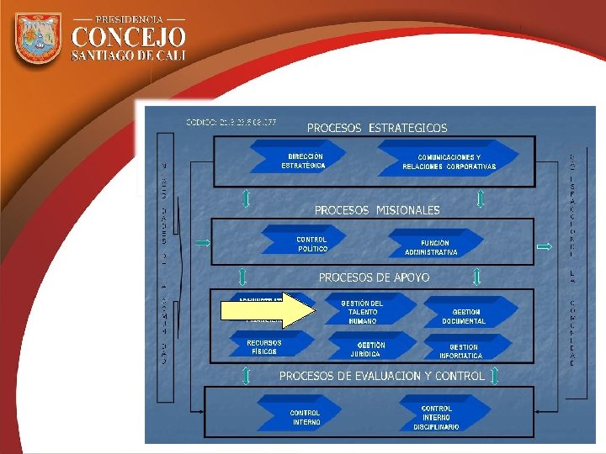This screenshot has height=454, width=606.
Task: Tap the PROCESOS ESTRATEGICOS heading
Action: (x=376, y=128)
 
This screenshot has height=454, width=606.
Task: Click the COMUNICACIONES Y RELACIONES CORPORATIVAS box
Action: (x=449, y=161)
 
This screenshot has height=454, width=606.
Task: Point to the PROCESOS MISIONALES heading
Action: (x=376, y=209)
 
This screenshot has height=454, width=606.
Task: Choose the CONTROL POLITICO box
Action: (x=311, y=244)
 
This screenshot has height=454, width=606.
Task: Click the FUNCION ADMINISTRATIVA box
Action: (x=431, y=247)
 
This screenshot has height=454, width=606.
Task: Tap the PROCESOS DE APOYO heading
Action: (x=373, y=277)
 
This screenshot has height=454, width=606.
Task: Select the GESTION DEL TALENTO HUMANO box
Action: (x=362, y=312)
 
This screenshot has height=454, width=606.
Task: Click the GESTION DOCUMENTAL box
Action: (x=463, y=316)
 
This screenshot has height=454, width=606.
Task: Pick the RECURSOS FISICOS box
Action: (x=263, y=347)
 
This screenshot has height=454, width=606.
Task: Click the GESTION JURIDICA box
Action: (x=370, y=349)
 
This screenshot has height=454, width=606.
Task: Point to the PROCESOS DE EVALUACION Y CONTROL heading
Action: (x=381, y=376)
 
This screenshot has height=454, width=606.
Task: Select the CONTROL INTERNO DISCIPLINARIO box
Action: (x=436, y=418)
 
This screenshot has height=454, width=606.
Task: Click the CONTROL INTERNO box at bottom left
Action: (x=305, y=417)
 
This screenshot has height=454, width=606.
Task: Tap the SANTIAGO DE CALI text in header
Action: (x=128, y=55)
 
